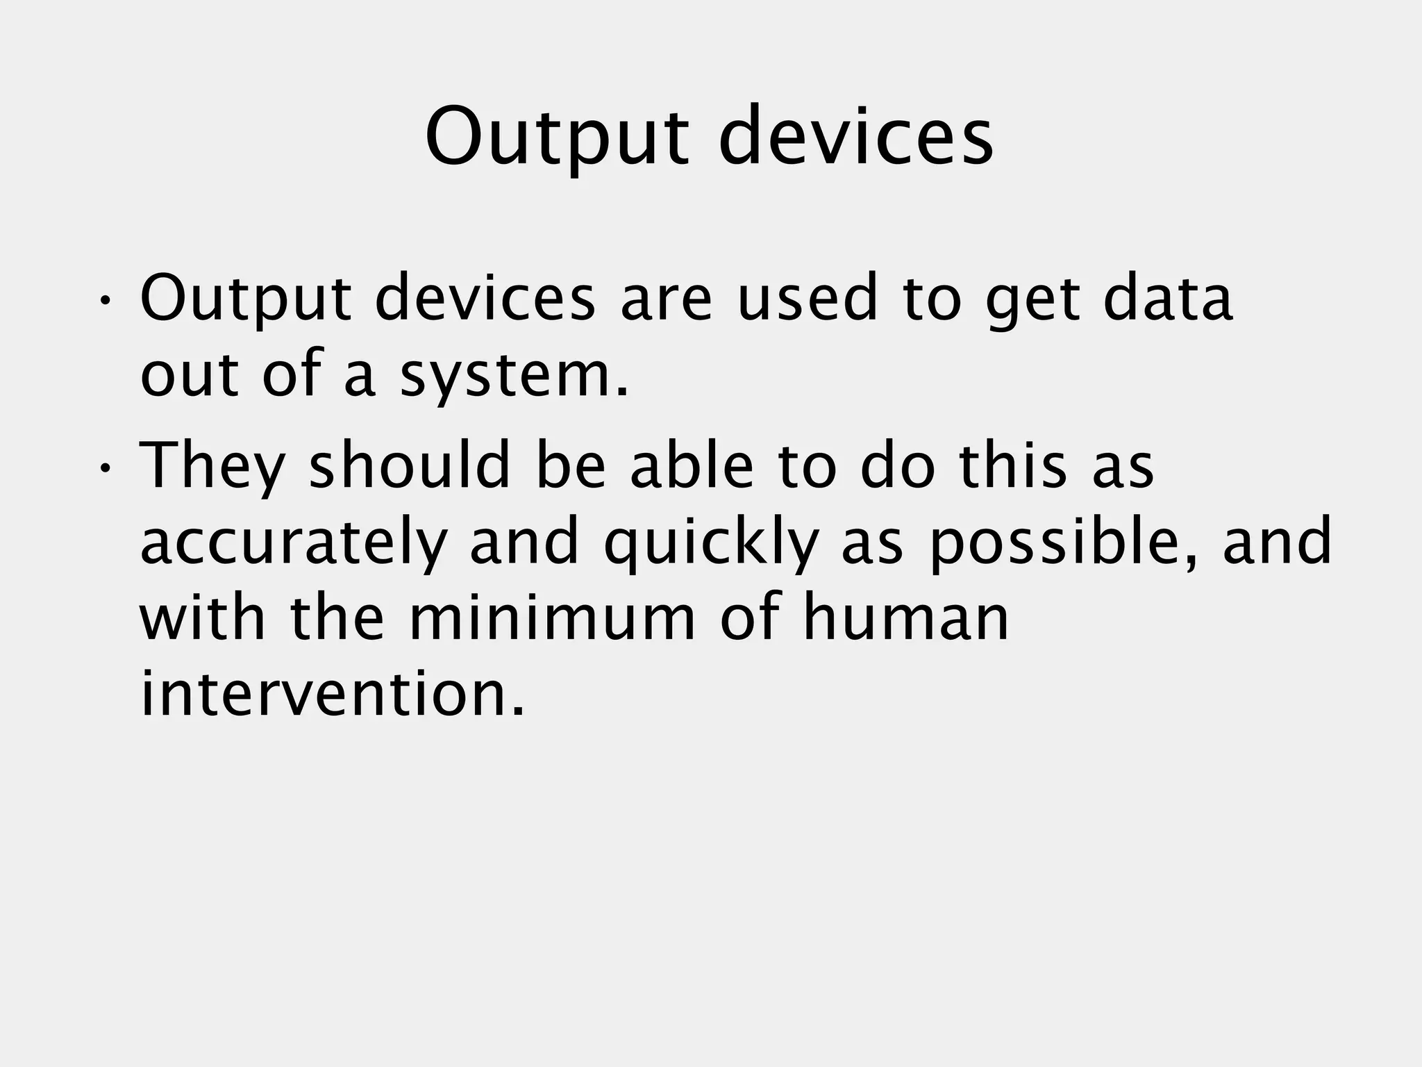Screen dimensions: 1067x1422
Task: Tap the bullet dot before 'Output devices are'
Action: (104, 301)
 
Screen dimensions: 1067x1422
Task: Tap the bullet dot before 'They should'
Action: (104, 468)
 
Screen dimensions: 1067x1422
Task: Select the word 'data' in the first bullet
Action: (1168, 299)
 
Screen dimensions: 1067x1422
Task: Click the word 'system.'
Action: (515, 376)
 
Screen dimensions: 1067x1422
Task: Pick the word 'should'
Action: (410, 465)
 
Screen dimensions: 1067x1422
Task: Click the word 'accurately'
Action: (292, 543)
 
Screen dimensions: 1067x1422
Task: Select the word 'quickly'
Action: (710, 543)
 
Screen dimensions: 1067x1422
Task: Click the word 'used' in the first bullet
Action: (807, 299)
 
